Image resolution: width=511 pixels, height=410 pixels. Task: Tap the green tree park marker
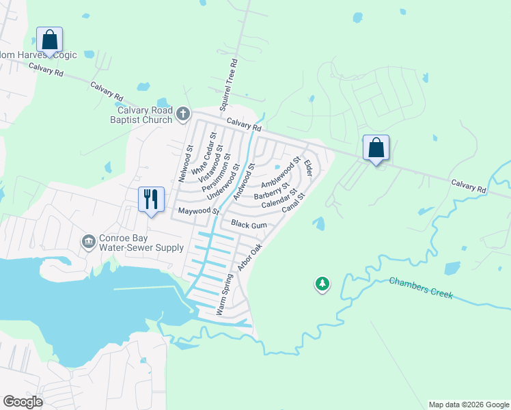coord(322,284)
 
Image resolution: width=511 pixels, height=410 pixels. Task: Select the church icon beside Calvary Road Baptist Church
coord(183,113)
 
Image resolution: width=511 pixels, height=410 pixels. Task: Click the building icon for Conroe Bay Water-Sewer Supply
coord(88,241)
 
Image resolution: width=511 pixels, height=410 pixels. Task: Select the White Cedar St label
coord(204,153)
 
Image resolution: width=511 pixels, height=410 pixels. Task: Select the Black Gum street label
coord(249,224)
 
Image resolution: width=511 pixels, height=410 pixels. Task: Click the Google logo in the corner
coord(22,401)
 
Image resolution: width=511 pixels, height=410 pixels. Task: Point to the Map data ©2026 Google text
coord(469,405)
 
